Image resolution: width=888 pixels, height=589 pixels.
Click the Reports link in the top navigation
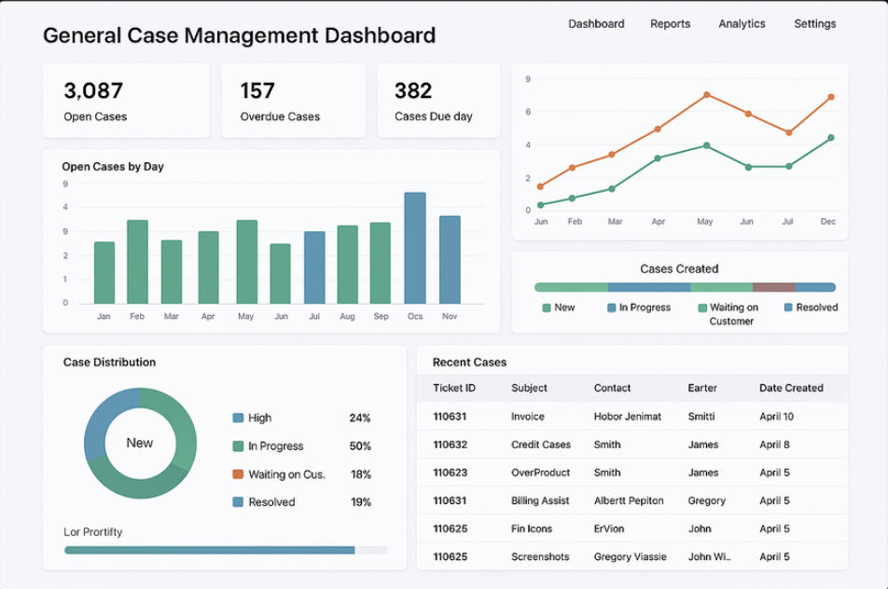670,24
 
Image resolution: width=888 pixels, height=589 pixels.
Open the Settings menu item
814,24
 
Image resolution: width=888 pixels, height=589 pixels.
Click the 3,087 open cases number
93,90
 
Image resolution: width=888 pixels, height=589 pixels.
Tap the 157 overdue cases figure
257,90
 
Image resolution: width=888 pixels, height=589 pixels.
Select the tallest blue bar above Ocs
415,248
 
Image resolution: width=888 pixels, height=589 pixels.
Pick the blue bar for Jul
314,267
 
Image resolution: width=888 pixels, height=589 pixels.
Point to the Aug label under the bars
348,317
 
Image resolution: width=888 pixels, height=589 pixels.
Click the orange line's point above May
707,95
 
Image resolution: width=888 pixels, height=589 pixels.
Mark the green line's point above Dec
830,138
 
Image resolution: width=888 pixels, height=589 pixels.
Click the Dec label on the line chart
828,222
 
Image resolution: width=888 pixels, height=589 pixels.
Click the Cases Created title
679,269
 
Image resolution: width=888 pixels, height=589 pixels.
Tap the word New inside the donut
140,443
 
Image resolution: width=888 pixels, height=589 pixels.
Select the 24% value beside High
360,418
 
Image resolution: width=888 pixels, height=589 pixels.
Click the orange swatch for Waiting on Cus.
238,474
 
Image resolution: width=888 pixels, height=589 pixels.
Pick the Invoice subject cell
528,417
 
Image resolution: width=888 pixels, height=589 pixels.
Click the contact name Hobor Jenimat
628,417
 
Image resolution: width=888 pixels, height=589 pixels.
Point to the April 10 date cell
776,417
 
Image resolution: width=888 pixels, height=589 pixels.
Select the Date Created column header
791,388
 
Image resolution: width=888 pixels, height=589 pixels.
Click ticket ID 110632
450,445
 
